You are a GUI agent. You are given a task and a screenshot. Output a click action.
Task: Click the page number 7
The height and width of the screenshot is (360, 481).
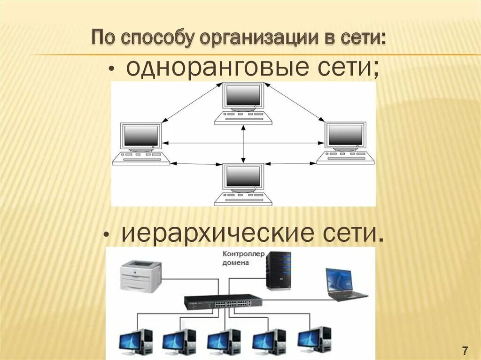point(465,350)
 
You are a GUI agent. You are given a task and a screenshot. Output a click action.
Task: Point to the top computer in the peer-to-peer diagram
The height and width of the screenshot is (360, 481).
point(243,104)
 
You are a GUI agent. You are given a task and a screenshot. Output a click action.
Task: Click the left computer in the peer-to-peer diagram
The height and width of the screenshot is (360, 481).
point(140,144)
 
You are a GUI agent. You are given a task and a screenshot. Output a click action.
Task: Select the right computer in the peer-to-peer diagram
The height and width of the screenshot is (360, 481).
point(346,143)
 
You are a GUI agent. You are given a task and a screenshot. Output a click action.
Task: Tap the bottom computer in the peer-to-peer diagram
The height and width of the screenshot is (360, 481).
point(243,184)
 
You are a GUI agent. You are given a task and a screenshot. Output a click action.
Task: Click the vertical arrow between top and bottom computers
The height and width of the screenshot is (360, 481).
point(243,143)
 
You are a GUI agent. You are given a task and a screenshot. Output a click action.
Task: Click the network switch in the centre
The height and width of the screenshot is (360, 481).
point(223,302)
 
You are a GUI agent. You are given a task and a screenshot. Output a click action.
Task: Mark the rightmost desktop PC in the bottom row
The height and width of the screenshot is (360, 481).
point(314,339)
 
